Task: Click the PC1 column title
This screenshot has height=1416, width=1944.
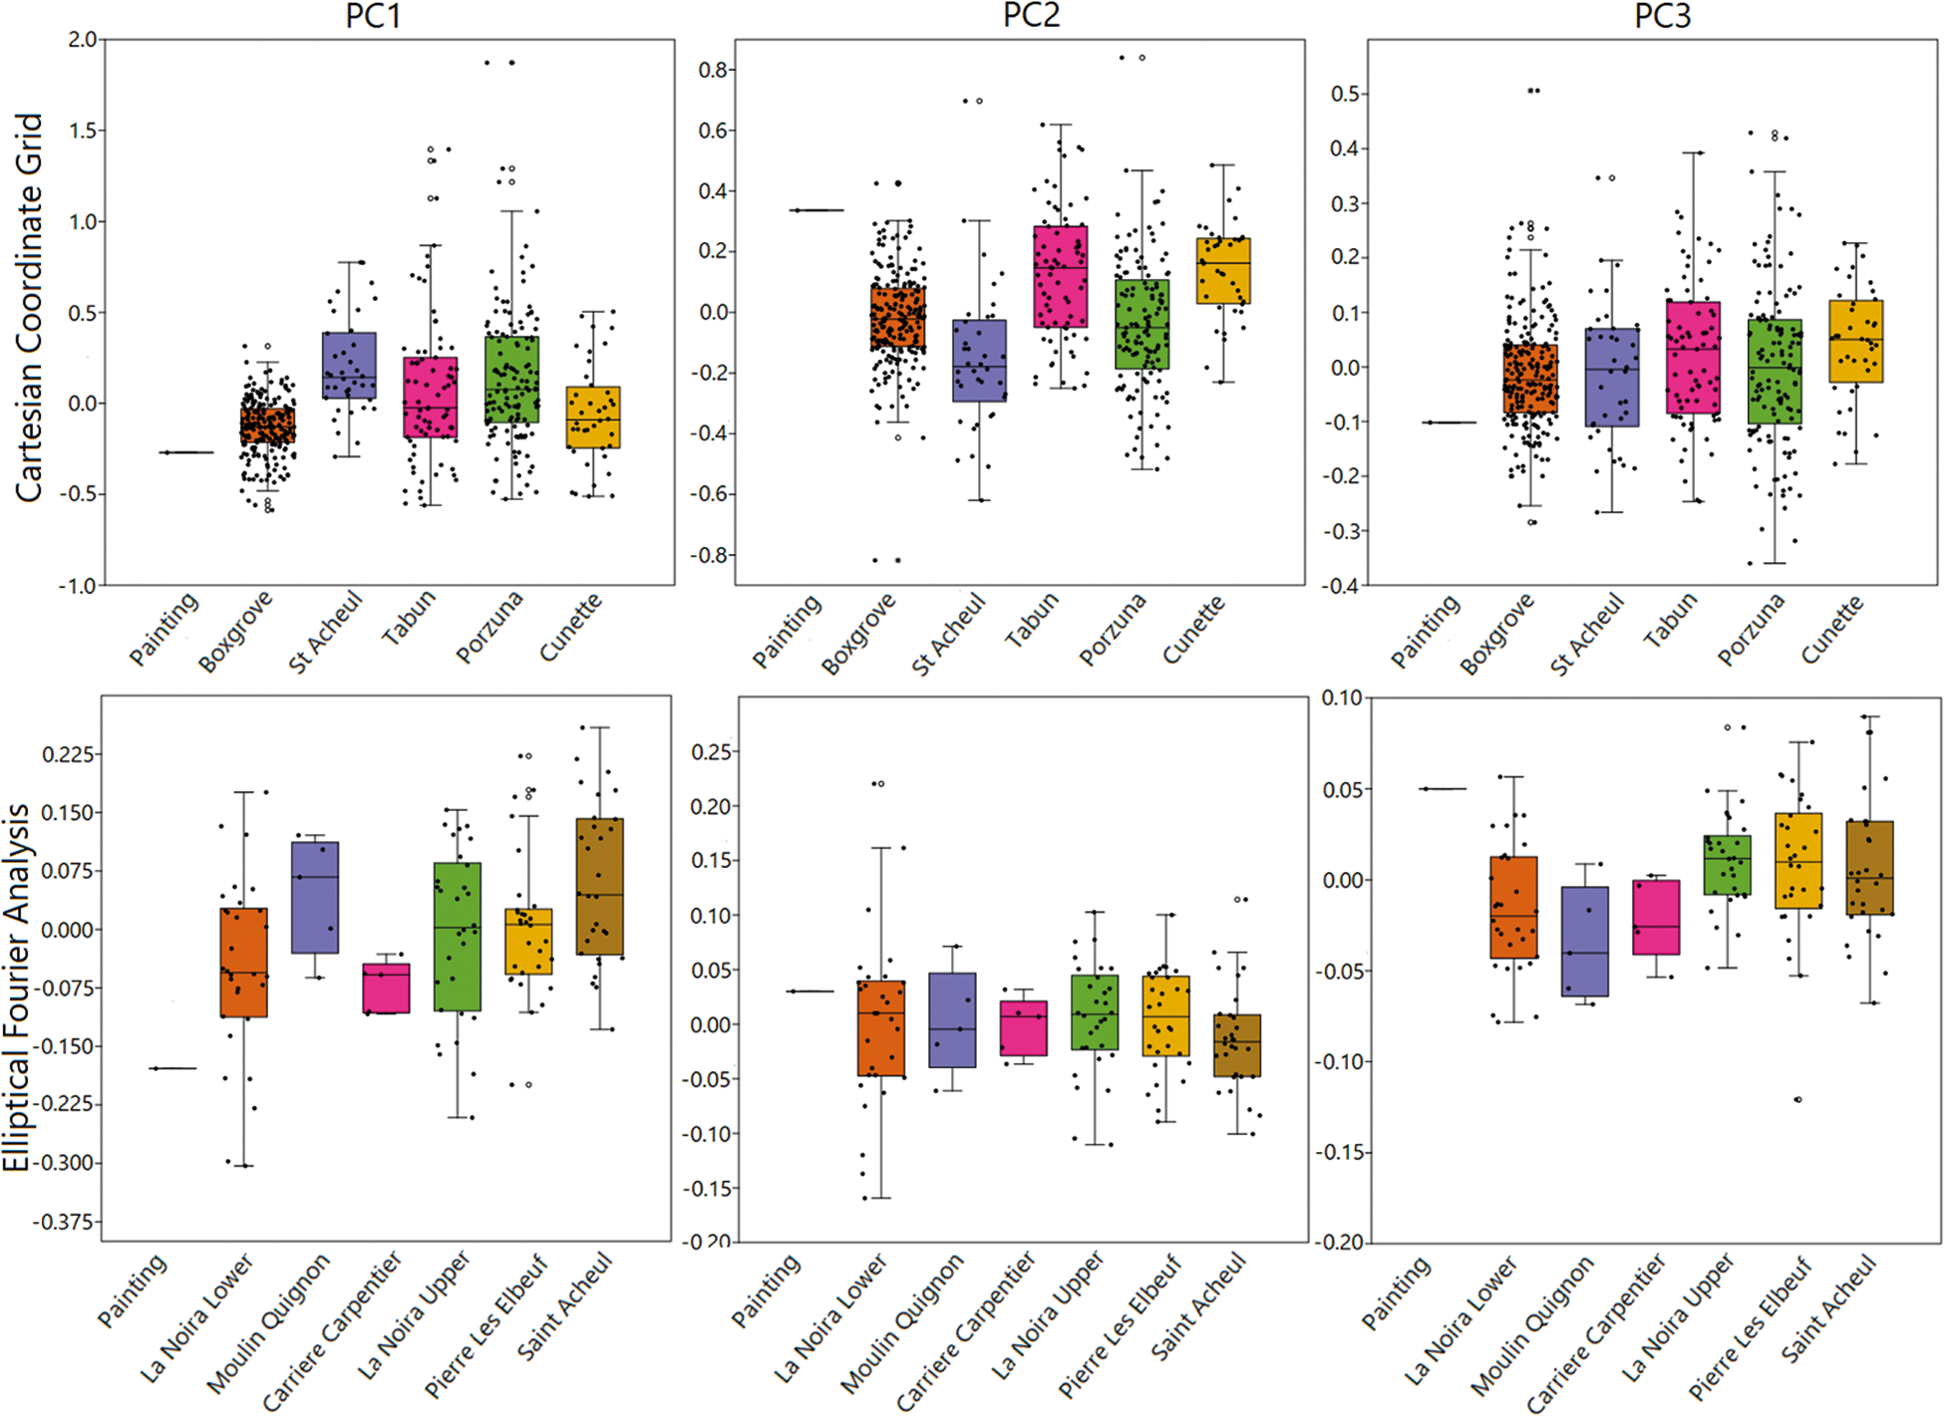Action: point(373,16)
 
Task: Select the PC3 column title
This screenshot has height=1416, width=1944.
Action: point(1662,16)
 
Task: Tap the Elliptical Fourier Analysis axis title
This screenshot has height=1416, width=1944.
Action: point(17,987)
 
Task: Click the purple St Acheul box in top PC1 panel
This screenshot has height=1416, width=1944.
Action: point(349,366)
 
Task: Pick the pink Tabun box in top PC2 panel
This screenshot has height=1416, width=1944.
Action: point(1061,276)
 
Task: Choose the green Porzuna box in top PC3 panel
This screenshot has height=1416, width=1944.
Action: point(1775,371)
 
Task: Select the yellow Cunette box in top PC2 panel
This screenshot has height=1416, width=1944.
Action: point(1223,270)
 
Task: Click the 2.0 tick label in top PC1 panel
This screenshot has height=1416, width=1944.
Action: point(83,40)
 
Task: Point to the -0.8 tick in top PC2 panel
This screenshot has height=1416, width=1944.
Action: point(714,555)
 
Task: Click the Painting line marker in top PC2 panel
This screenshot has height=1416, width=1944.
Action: point(816,210)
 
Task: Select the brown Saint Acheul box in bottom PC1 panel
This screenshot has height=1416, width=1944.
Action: point(600,887)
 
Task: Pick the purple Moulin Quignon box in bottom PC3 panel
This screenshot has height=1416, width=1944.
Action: point(1585,941)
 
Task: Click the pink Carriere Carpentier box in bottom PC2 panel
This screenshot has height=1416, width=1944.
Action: point(1024,1027)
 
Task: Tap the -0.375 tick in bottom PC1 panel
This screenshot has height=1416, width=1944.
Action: point(67,1222)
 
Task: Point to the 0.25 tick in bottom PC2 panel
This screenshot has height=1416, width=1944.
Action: point(710,752)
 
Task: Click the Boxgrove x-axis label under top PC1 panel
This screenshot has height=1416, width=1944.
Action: point(235,632)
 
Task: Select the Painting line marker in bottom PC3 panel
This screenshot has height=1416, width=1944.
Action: point(1444,789)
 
